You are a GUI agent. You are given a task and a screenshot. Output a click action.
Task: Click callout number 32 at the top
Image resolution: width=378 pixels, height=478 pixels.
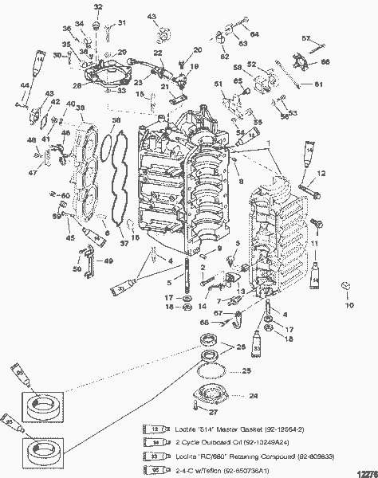[x=98, y=7]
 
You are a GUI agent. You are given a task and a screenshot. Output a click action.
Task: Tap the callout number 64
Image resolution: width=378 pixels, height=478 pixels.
[x=254, y=34]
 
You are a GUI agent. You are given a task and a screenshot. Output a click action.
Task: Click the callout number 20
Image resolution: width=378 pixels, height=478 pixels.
[x=198, y=50]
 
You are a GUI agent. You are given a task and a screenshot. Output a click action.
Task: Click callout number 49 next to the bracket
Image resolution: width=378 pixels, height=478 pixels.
[x=108, y=260]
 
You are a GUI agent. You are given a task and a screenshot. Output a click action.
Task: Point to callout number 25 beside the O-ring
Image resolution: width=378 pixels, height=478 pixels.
[x=246, y=371]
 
